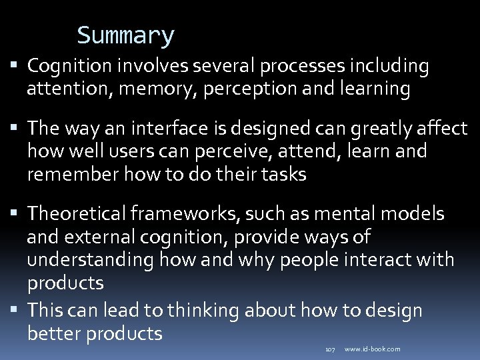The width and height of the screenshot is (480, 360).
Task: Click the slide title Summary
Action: pos(125,35)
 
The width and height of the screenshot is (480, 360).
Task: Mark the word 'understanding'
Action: pos(90,260)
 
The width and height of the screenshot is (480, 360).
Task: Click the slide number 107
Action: pos(329,349)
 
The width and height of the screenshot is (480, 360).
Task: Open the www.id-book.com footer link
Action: pos(373,349)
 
